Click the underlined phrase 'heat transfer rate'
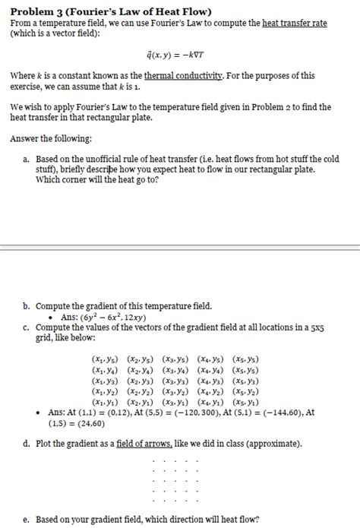tap(295, 24)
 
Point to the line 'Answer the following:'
tap(46, 139)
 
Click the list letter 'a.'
tap(27, 159)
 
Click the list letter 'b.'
tap(27, 305)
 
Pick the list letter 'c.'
tap(27, 327)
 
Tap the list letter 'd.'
tap(27, 442)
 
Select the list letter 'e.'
tap(27, 520)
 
